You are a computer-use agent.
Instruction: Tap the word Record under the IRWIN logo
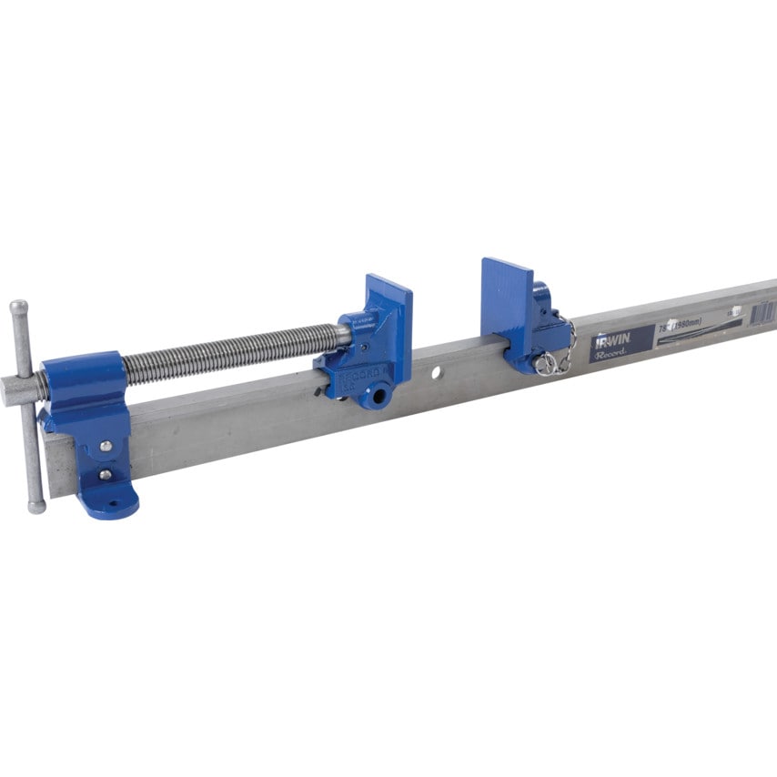point(610,357)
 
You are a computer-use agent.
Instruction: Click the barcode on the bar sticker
point(762,312)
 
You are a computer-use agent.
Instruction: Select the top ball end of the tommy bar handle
point(17,307)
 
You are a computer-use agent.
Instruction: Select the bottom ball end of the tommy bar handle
point(35,506)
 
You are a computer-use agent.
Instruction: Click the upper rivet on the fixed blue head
point(106,446)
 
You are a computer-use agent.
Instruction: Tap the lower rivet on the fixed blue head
point(106,474)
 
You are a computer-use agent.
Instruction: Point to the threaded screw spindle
point(227,353)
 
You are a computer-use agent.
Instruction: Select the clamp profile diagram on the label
point(691,338)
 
